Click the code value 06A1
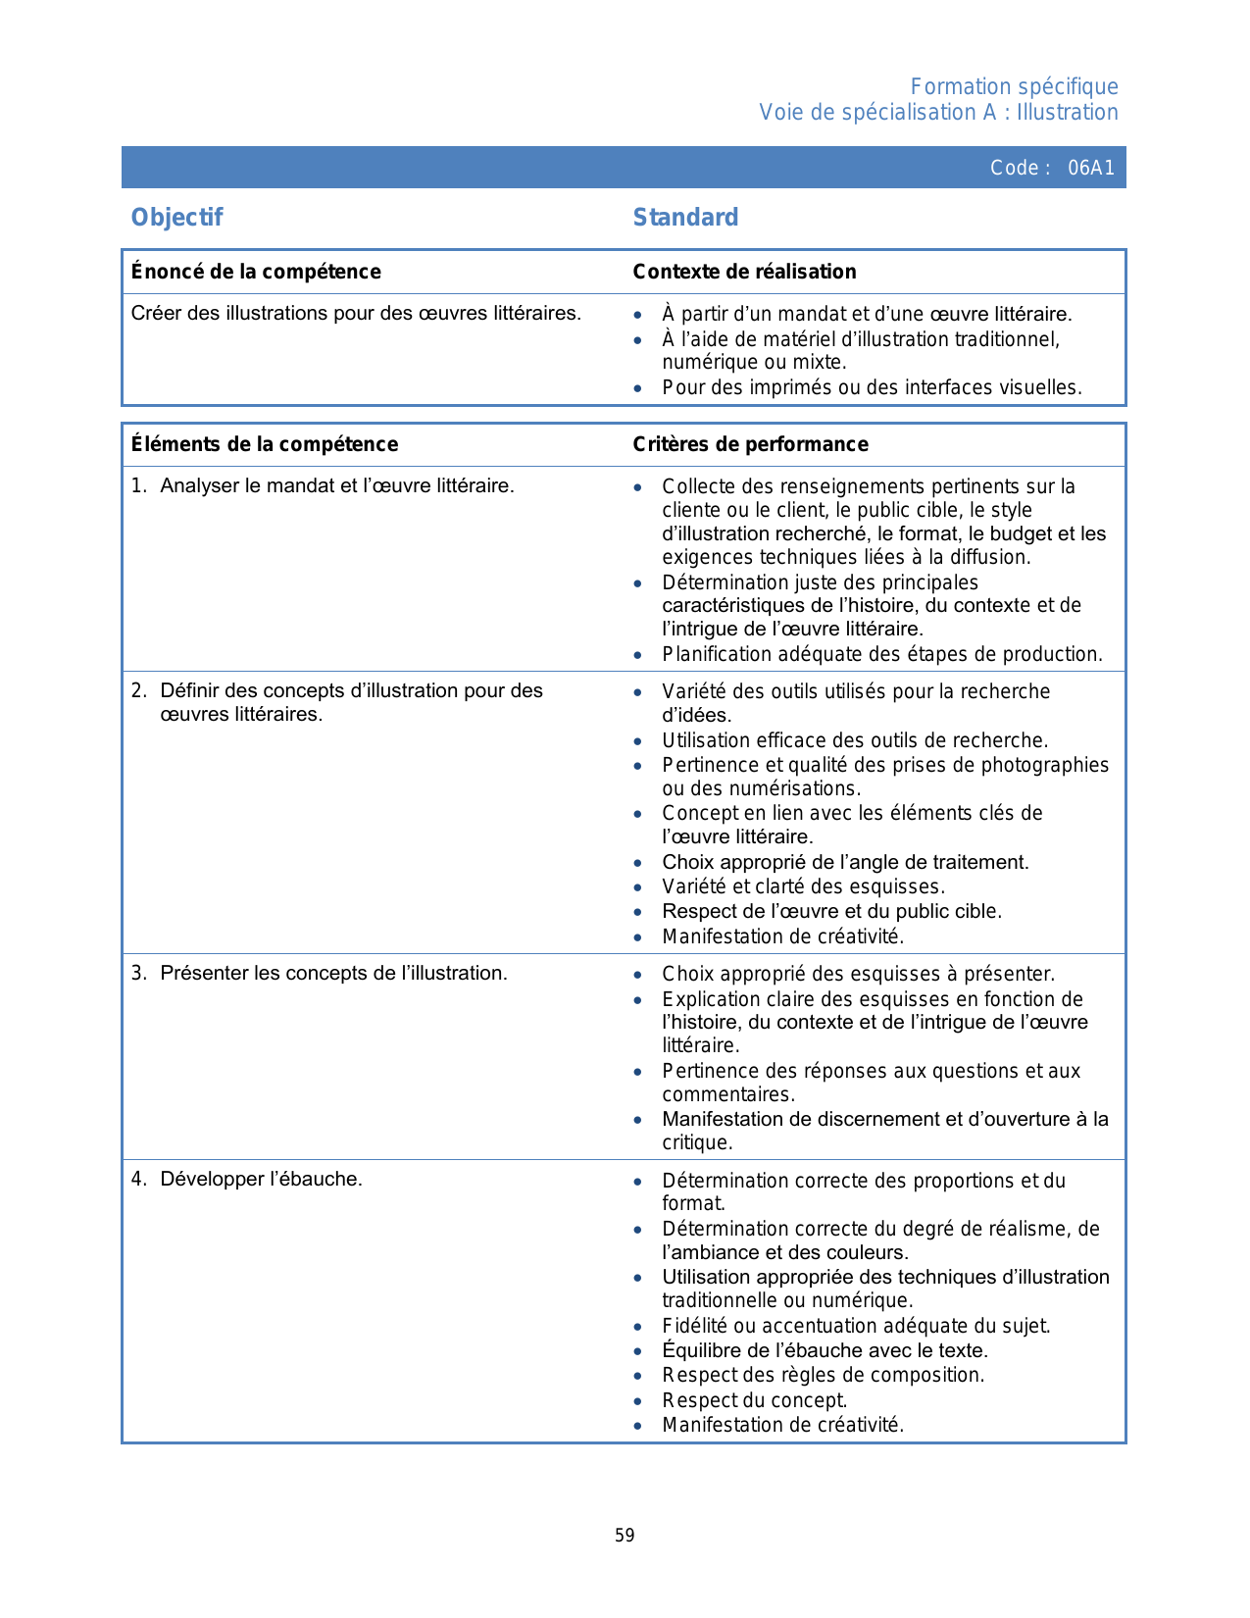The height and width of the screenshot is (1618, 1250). [x=1090, y=168]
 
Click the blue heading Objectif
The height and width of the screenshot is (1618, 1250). [x=177, y=218]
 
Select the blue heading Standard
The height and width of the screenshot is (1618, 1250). [x=685, y=218]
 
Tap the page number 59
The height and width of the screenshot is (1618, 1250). [x=625, y=1536]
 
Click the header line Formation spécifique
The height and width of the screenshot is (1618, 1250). [x=1014, y=87]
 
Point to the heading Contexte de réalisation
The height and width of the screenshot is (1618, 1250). [x=744, y=272]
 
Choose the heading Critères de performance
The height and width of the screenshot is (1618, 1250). [x=750, y=444]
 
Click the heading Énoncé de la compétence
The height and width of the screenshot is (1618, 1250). [x=256, y=272]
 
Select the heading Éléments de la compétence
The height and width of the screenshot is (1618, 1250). [x=265, y=444]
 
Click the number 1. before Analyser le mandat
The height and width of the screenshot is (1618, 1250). [x=138, y=485]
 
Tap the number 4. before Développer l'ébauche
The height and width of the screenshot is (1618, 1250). [x=138, y=1179]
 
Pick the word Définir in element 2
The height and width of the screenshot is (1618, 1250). [x=190, y=690]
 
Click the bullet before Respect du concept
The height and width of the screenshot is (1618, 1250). [x=638, y=1401]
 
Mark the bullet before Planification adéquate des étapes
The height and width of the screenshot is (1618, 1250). [x=638, y=655]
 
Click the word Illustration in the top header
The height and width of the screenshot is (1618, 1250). [x=1067, y=113]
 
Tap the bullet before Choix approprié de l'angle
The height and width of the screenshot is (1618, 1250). [x=638, y=863]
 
